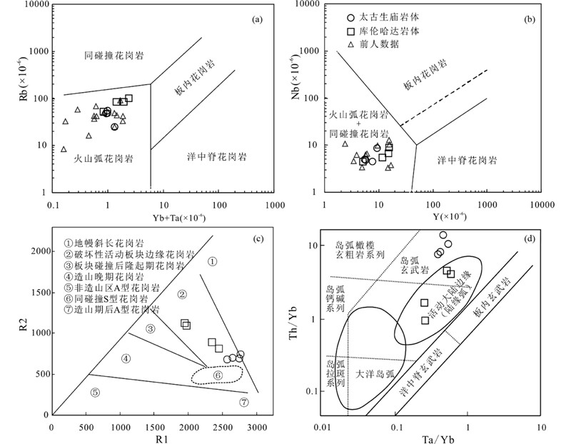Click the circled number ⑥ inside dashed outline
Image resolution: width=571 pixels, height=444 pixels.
point(218,374)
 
